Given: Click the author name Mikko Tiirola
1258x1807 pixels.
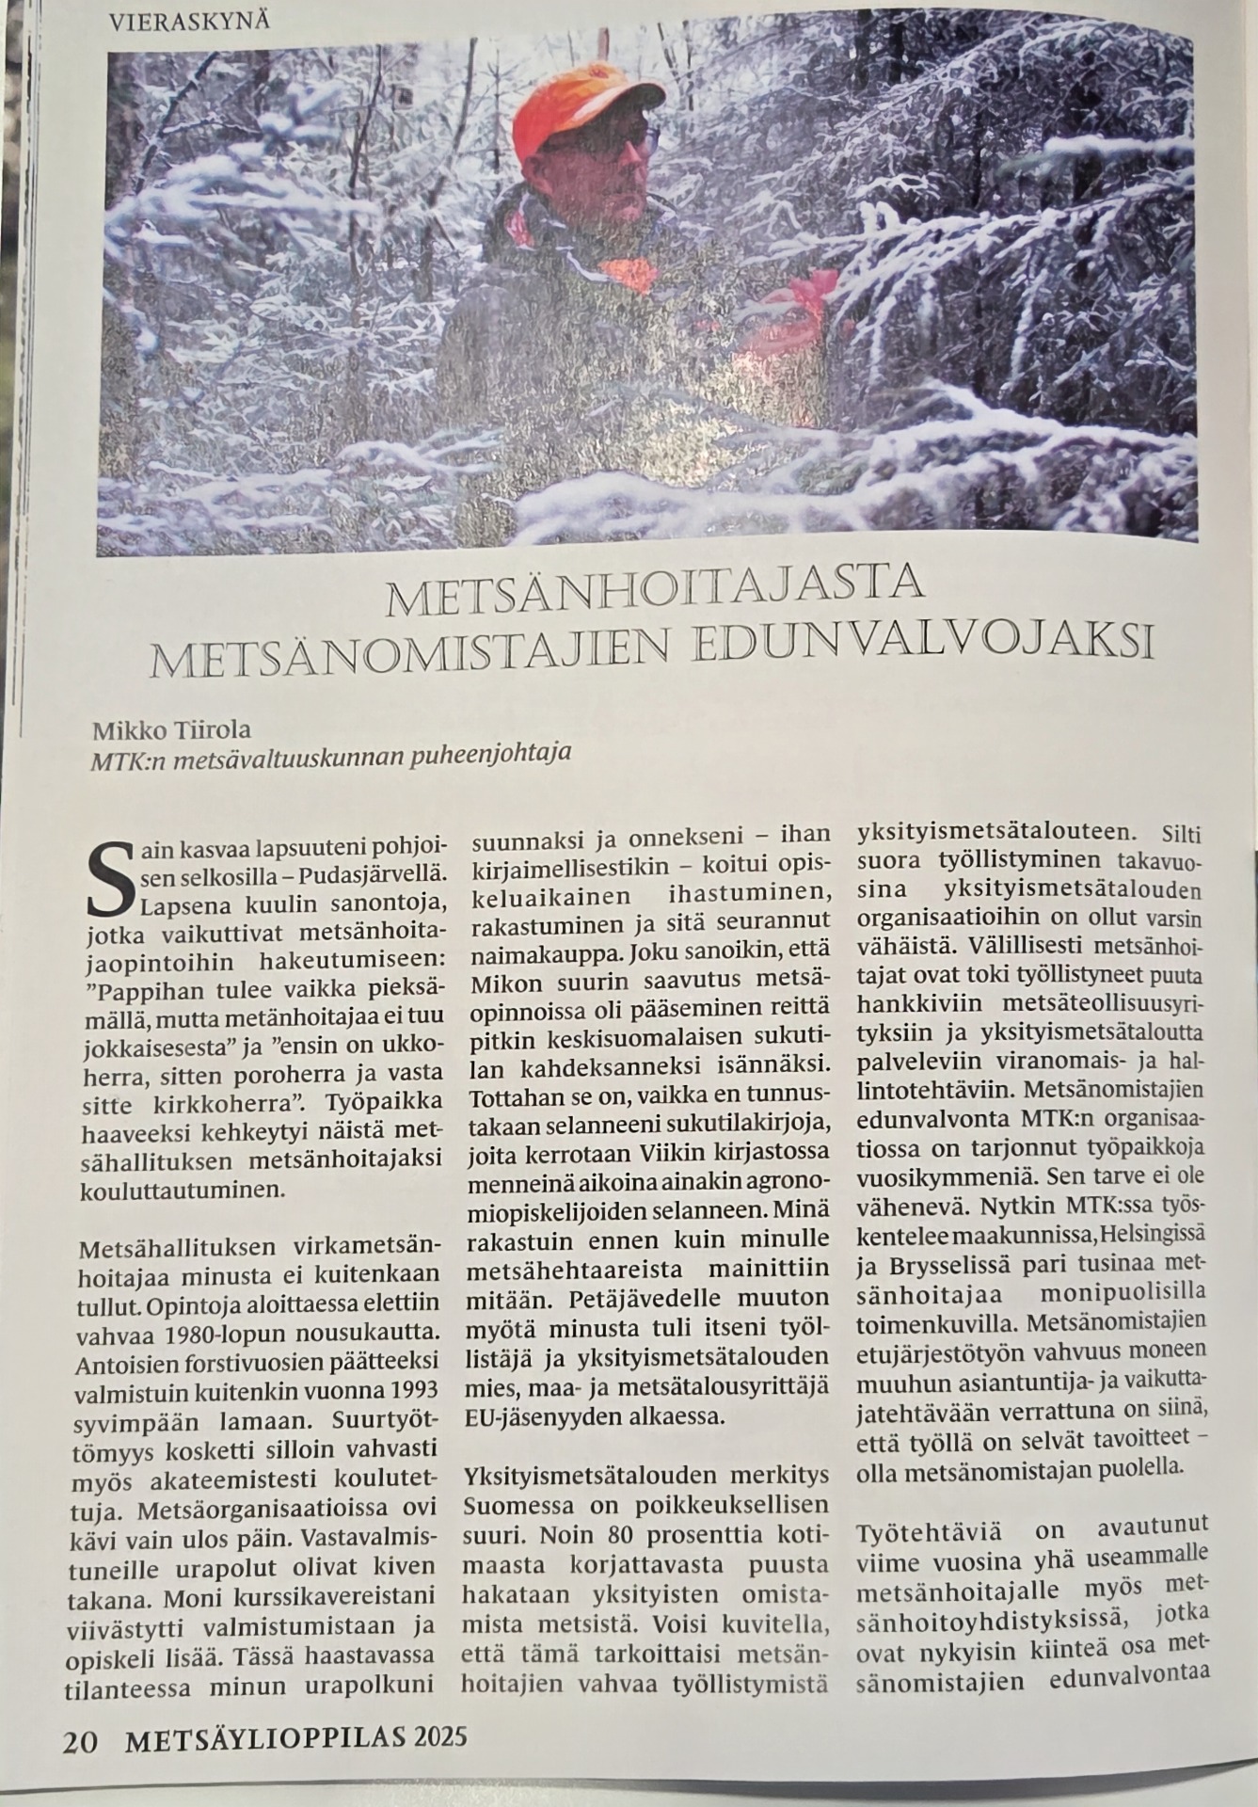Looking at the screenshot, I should coord(171,730).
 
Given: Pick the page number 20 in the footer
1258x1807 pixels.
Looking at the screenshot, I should coord(79,1738).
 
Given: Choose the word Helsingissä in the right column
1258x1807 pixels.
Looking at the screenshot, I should coord(1154,1231).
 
